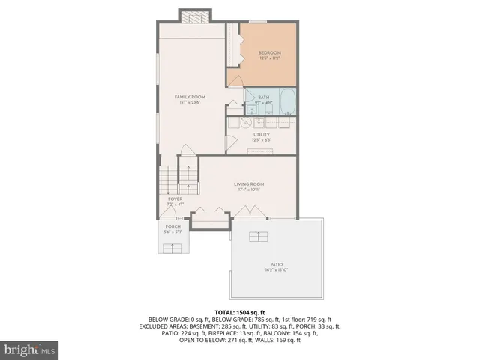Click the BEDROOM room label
pos(269,52)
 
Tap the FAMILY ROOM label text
pos(190,97)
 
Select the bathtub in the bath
pos(287,100)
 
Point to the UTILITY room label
pos(261,135)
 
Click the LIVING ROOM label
pos(249,184)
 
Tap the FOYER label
pos(175,199)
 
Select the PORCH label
pos(173,226)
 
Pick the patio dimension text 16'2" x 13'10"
pos(277,270)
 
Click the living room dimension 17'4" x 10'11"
pos(249,190)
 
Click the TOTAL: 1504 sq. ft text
pos(240,312)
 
